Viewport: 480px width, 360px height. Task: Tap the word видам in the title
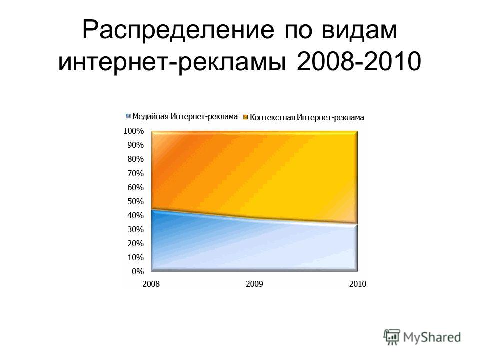[x=359, y=30]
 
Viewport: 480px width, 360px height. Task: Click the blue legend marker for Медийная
[x=128, y=116]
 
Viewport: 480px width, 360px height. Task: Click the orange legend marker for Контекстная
[x=246, y=117]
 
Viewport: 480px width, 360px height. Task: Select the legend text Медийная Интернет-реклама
[x=185, y=116]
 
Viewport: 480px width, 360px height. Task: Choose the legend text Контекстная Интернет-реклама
[x=307, y=117]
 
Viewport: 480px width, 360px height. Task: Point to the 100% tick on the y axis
[x=134, y=131]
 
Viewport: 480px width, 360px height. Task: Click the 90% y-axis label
[x=135, y=145]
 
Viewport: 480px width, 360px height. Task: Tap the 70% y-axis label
[x=135, y=173]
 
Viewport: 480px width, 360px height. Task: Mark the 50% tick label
[x=135, y=201]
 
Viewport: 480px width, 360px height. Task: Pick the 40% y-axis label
[x=135, y=215]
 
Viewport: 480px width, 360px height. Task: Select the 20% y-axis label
[x=135, y=243]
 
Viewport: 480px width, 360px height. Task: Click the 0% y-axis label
[x=138, y=271]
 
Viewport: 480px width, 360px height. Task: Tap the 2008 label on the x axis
[x=151, y=284]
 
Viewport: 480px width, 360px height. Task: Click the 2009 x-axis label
[x=254, y=284]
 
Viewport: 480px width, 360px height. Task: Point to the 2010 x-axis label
[x=358, y=284]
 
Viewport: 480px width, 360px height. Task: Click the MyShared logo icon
[x=392, y=337]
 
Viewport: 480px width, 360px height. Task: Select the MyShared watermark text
[x=432, y=337]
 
